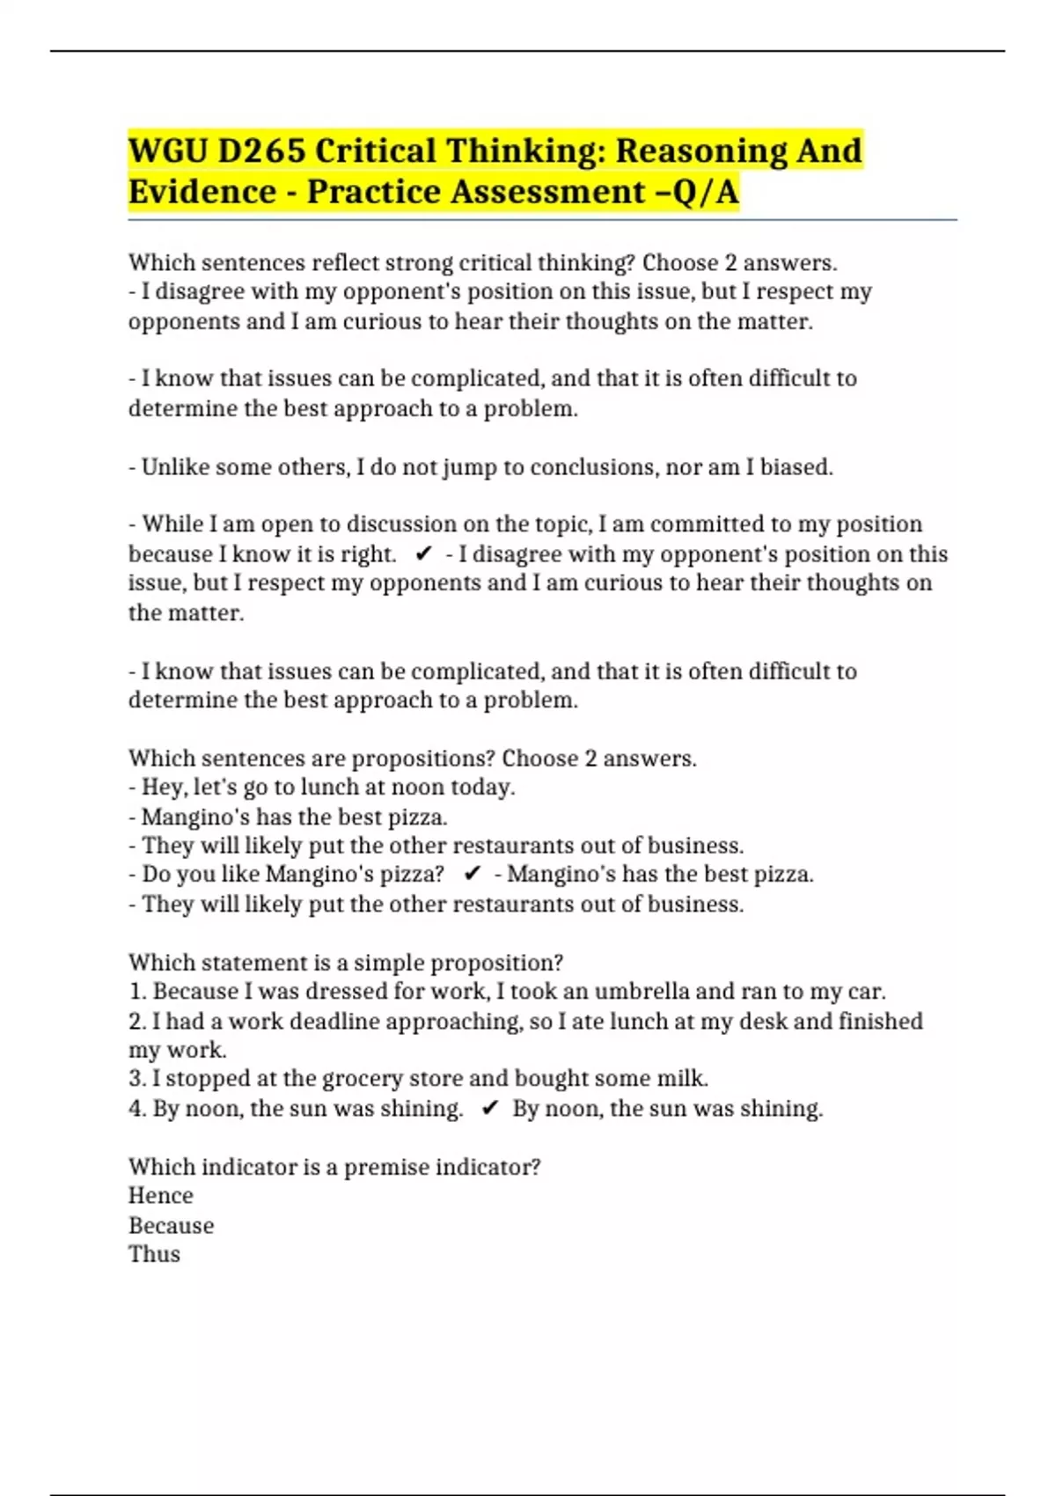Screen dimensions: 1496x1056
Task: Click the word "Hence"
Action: [160, 1196]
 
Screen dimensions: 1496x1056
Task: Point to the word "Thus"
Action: [154, 1254]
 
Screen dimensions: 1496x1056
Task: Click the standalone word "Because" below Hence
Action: [171, 1225]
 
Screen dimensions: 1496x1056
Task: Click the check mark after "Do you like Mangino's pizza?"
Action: [472, 874]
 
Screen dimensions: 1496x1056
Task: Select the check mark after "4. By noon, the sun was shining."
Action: [490, 1109]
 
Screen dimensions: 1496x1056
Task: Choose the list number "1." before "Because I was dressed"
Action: [137, 992]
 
